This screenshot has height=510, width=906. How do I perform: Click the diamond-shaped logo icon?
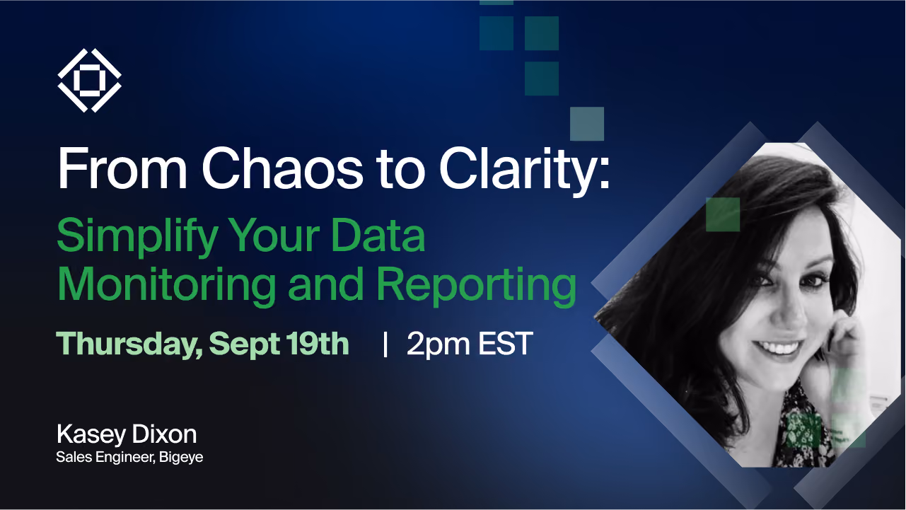(x=89, y=80)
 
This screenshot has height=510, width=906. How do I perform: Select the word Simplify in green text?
(x=138, y=237)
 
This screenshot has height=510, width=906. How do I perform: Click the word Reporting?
(x=477, y=286)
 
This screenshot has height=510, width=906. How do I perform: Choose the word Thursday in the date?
(x=129, y=344)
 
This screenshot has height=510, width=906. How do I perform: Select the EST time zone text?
(x=506, y=344)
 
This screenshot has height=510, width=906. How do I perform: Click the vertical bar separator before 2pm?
(x=385, y=344)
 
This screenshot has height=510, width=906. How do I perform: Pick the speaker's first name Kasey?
(x=91, y=436)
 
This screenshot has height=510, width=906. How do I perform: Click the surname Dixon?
(x=164, y=434)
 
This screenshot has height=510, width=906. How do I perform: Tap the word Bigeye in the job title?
(x=181, y=458)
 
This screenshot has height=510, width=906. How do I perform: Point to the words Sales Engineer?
(x=105, y=458)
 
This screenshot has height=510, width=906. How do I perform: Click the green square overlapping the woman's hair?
(x=723, y=214)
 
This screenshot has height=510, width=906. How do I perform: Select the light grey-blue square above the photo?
(x=587, y=124)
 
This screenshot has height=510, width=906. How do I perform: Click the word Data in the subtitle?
(x=378, y=236)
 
